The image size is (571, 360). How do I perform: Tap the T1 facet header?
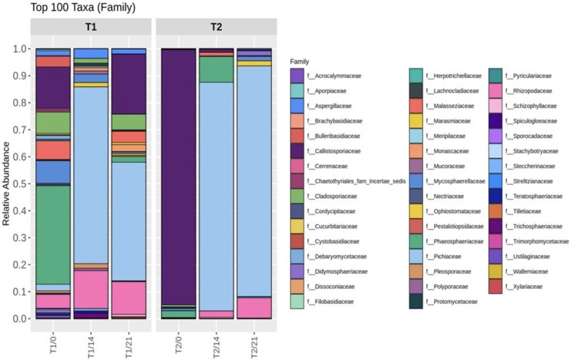89,27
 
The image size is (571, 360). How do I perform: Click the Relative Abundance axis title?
7,183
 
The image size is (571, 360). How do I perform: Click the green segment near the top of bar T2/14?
216,69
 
